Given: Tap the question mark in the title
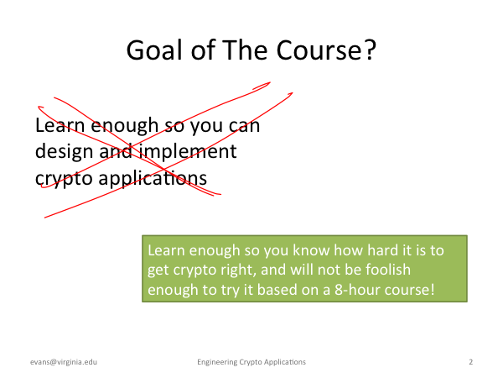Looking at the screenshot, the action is (x=370, y=50).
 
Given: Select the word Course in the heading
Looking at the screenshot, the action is (x=319, y=50).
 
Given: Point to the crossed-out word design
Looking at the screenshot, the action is (x=65, y=152).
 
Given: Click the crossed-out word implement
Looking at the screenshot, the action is (x=188, y=152).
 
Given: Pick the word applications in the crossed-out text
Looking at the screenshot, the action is (x=153, y=179).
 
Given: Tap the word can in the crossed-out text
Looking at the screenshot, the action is (x=245, y=126).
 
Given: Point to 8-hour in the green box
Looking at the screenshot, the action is (x=358, y=289).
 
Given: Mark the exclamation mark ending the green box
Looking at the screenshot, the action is (x=433, y=289).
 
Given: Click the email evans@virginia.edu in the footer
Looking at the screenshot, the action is (x=64, y=362).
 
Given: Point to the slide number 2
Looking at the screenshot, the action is (x=470, y=362).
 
